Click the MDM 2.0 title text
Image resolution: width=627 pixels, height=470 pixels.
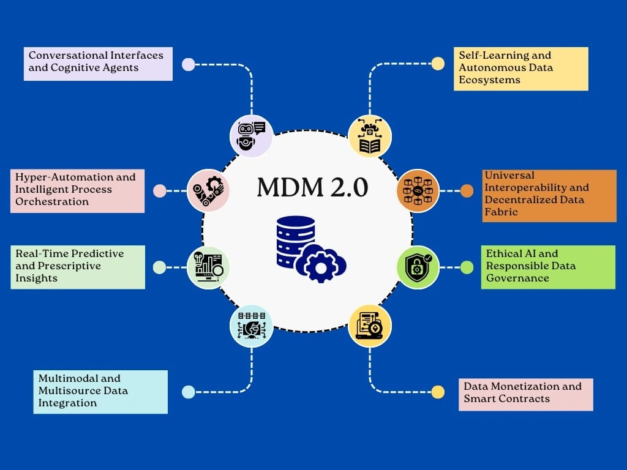click(312, 187)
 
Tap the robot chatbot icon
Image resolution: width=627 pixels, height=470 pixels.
click(252, 136)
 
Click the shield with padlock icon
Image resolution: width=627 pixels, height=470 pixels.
click(418, 267)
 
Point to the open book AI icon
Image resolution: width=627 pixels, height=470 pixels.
click(369, 136)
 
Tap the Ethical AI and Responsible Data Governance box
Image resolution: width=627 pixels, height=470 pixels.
click(547, 267)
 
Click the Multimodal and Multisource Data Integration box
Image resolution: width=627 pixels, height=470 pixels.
click(100, 391)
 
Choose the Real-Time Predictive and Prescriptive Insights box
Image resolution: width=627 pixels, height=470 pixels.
click(78, 267)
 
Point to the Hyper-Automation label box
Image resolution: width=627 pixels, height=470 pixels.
click(78, 190)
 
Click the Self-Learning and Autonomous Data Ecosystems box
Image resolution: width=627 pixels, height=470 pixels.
click(520, 68)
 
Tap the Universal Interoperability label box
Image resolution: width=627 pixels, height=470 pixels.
click(548, 195)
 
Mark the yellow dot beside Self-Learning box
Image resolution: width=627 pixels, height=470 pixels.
click(438, 64)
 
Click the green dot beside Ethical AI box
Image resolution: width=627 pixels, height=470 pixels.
click(467, 267)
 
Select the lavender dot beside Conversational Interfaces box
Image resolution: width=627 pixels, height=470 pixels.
click(189, 64)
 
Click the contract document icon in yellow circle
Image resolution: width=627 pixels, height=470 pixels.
click(369, 326)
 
